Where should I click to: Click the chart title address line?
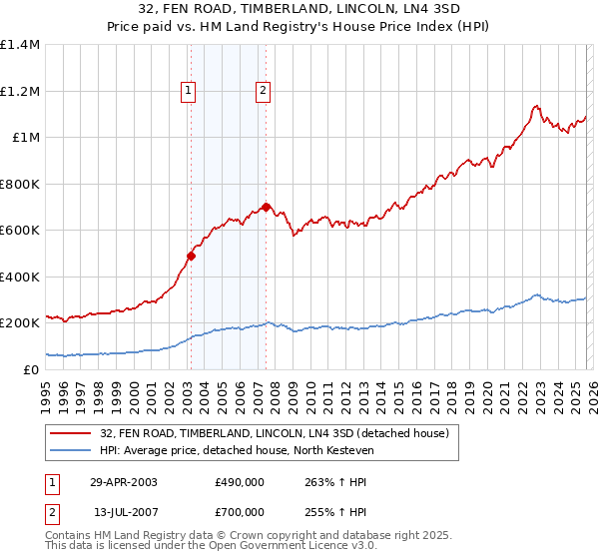(299, 9)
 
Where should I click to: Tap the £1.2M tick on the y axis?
(19, 91)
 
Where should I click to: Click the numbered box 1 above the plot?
(190, 91)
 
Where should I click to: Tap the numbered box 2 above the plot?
(263, 91)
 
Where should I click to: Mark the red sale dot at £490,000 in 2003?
(191, 256)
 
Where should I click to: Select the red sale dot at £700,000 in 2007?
(266, 207)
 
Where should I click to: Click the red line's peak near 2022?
(536, 105)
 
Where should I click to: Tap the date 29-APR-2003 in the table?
(124, 481)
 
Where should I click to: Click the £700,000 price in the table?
(239, 513)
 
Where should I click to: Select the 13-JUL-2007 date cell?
(124, 513)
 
